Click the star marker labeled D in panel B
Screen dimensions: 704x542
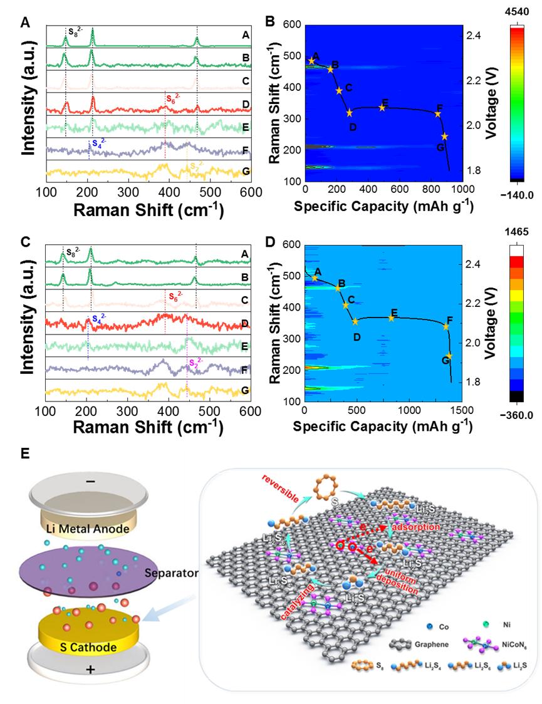[350, 113]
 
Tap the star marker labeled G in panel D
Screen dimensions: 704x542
[449, 356]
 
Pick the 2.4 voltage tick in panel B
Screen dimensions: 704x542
[473, 36]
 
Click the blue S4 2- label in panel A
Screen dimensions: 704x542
[99, 143]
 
